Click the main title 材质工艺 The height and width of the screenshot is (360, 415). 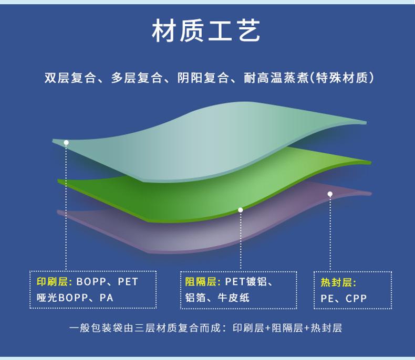pyautogui.click(x=206, y=30)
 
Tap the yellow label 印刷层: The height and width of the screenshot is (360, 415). pyautogui.click(x=55, y=282)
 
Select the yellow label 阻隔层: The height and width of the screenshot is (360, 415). pyautogui.click(x=203, y=282)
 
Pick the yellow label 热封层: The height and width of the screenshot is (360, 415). pyautogui.click(x=338, y=282)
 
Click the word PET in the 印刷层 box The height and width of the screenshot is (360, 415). pyautogui.click(x=128, y=282)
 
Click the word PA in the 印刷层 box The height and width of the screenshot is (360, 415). pyautogui.click(x=107, y=298)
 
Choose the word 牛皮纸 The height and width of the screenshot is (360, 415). pyautogui.click(x=234, y=298)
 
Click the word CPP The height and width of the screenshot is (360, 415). pyautogui.click(x=356, y=299)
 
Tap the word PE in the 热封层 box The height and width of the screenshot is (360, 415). pyautogui.click(x=327, y=299)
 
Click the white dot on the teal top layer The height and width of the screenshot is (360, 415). pyautogui.click(x=66, y=143)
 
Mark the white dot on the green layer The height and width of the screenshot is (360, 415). pyautogui.click(x=240, y=210)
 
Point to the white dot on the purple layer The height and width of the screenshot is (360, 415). pyautogui.click(x=330, y=194)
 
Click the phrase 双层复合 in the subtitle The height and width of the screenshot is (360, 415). pyautogui.click(x=70, y=78)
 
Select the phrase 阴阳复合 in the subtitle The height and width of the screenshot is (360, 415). pyautogui.click(x=203, y=78)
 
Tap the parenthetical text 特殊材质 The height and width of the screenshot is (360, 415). pyautogui.click(x=342, y=78)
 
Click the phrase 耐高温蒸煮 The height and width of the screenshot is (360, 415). pyautogui.click(x=276, y=78)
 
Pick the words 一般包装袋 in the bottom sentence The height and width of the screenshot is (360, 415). pyautogui.click(x=96, y=328)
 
